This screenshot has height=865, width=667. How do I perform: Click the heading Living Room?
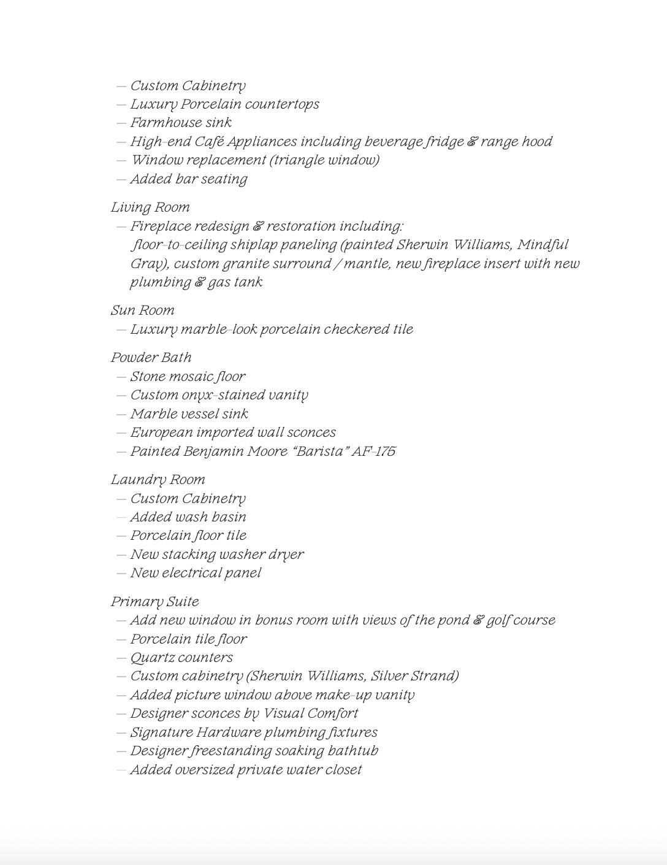[150, 207]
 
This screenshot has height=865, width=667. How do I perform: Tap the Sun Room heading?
[142, 310]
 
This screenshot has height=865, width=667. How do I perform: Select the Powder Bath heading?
[151, 358]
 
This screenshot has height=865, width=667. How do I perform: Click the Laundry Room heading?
[158, 480]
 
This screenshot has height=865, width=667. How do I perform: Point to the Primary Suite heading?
[154, 602]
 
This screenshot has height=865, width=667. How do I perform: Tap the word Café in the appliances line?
[208, 142]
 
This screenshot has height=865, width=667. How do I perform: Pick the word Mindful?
[543, 245]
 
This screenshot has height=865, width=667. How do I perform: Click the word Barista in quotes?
[318, 452]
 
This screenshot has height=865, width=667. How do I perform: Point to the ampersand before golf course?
[478, 620]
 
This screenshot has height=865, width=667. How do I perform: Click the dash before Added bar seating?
[121, 180]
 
